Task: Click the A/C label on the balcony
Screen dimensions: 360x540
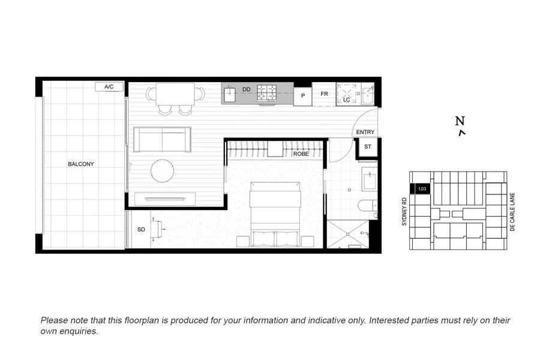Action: pyautogui.click(x=109, y=87)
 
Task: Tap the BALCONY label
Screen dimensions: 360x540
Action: pyautogui.click(x=80, y=164)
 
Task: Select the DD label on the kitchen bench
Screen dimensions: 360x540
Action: pyautogui.click(x=246, y=90)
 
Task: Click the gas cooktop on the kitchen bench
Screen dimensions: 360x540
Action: pyautogui.click(x=268, y=93)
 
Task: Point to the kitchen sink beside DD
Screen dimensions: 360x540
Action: pyautogui.click(x=230, y=94)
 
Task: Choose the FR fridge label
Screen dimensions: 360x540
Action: pyautogui.click(x=324, y=94)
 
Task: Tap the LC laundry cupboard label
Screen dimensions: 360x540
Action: pyautogui.click(x=346, y=100)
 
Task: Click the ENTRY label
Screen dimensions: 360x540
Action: pyautogui.click(x=365, y=132)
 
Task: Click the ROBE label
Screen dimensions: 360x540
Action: pyautogui.click(x=301, y=154)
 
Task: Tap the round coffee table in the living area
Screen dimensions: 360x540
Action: pyautogui.click(x=162, y=170)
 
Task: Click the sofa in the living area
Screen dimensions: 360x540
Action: pyautogui.click(x=162, y=139)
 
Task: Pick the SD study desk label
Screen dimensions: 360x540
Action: pyautogui.click(x=141, y=230)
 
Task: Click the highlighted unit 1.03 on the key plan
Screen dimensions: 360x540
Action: pyautogui.click(x=421, y=189)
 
